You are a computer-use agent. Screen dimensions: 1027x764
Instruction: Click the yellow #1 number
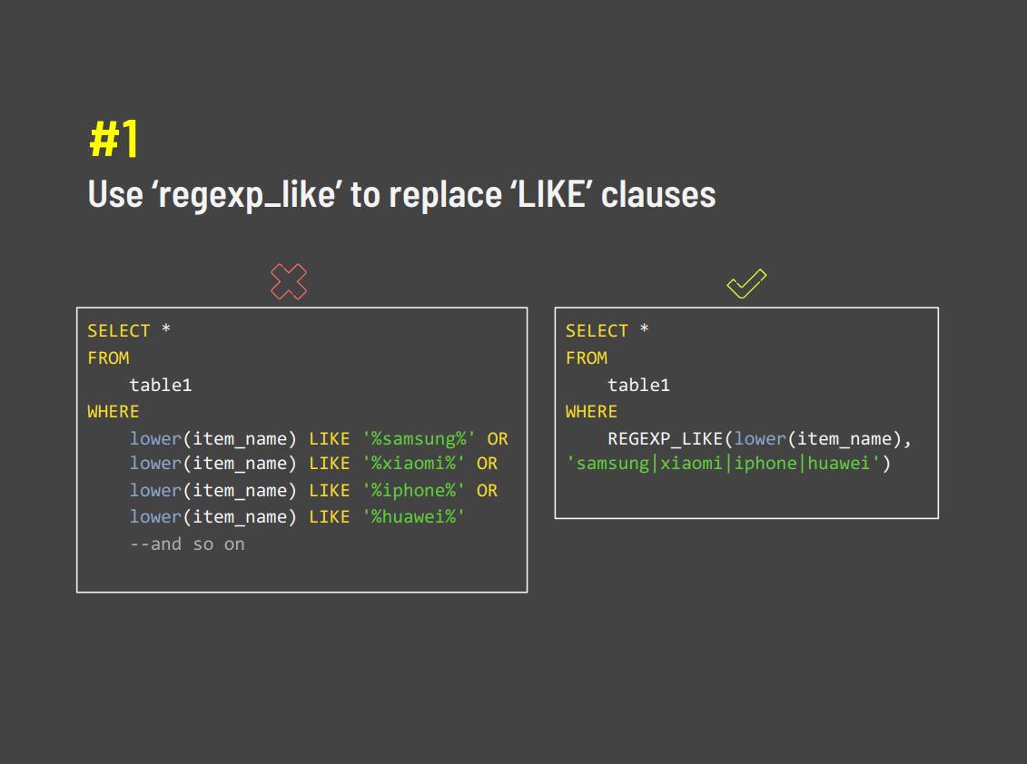[x=114, y=138]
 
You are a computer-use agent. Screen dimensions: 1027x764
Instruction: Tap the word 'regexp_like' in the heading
[x=247, y=195]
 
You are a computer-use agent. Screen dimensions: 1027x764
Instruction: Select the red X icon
[x=289, y=281]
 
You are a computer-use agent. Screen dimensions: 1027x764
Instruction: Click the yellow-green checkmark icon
[x=746, y=283]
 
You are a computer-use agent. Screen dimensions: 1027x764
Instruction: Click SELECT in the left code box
[x=119, y=331]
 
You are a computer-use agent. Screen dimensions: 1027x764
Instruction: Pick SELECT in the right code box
[x=597, y=331]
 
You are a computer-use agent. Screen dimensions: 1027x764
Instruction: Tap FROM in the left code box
[x=109, y=358]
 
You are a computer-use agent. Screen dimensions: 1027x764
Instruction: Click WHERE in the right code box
[x=591, y=412]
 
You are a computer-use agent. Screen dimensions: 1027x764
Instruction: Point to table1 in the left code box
[x=161, y=385]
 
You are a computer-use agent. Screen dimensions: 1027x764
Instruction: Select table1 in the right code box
[x=638, y=385]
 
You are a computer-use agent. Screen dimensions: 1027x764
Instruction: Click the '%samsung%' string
[x=419, y=438]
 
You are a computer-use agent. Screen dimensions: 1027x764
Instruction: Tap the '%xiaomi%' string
[x=413, y=464]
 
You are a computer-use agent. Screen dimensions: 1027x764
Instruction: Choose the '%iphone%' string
[x=413, y=490]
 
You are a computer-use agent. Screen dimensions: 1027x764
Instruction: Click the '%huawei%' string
[x=413, y=516]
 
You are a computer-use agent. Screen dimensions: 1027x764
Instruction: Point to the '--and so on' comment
[x=187, y=544]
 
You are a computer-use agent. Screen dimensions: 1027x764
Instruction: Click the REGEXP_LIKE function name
[x=665, y=438]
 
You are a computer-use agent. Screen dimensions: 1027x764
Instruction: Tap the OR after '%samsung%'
[x=498, y=438]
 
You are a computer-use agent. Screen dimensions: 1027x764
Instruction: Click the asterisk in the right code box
[x=644, y=328]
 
